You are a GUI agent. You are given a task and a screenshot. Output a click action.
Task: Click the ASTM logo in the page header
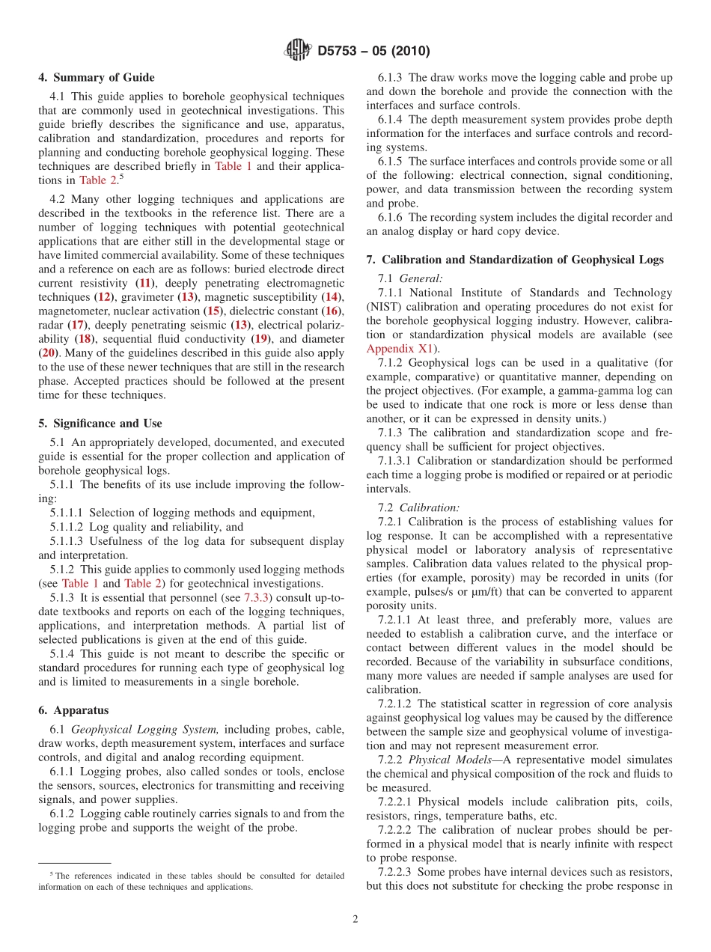pos(296,51)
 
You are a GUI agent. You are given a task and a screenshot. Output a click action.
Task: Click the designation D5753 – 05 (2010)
pos(373,52)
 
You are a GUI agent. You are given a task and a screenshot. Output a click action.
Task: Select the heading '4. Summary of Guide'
pos(97,78)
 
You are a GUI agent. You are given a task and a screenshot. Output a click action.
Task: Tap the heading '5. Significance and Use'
pos(100,424)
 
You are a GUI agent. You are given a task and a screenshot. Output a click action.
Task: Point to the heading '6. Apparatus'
pos(73,710)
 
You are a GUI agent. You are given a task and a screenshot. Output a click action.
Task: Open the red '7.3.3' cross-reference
pos(258,598)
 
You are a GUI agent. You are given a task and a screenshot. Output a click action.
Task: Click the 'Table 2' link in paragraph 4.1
pos(93,180)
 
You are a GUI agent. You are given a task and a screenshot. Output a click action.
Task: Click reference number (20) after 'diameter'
pos(48,353)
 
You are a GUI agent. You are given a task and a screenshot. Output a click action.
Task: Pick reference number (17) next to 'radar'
pos(77,325)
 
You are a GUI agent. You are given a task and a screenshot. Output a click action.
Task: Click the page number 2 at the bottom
pos(355,919)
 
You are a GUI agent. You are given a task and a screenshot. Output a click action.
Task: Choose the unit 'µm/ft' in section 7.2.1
pos(451,591)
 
